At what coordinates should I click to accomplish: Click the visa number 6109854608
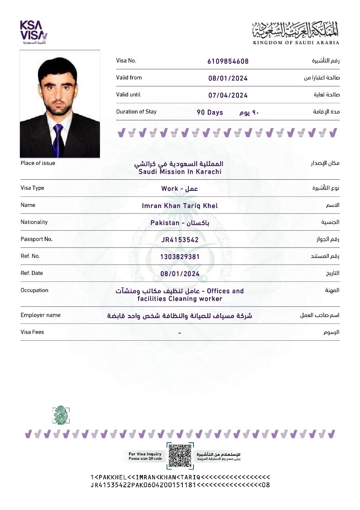pyautogui.click(x=228, y=61)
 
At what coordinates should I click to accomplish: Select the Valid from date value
pyautogui.click(x=228, y=78)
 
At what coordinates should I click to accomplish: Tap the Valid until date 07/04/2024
pyautogui.click(x=228, y=96)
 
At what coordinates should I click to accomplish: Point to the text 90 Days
pyautogui.click(x=210, y=113)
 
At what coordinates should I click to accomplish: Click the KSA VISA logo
pyautogui.click(x=34, y=31)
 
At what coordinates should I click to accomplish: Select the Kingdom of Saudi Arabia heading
pyautogui.click(x=296, y=33)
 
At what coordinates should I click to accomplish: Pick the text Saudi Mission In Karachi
pyautogui.click(x=180, y=172)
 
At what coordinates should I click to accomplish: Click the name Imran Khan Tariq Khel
pyautogui.click(x=180, y=206)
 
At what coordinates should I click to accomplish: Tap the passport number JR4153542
pyautogui.click(x=180, y=240)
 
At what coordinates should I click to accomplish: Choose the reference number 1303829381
pyautogui.click(x=180, y=257)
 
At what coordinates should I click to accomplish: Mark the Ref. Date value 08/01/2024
pyautogui.click(x=180, y=274)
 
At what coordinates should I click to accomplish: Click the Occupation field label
pyautogui.click(x=35, y=290)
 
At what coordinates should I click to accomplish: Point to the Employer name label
pyautogui.click(x=41, y=315)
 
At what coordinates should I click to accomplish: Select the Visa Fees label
pyautogui.click(x=32, y=332)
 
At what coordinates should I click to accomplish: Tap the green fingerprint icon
pyautogui.click(x=61, y=415)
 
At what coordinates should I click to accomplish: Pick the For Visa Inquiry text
pyautogui.click(x=145, y=454)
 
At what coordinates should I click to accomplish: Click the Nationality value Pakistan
pyautogui.click(x=165, y=223)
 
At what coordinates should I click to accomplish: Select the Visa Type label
pyautogui.click(x=32, y=188)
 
